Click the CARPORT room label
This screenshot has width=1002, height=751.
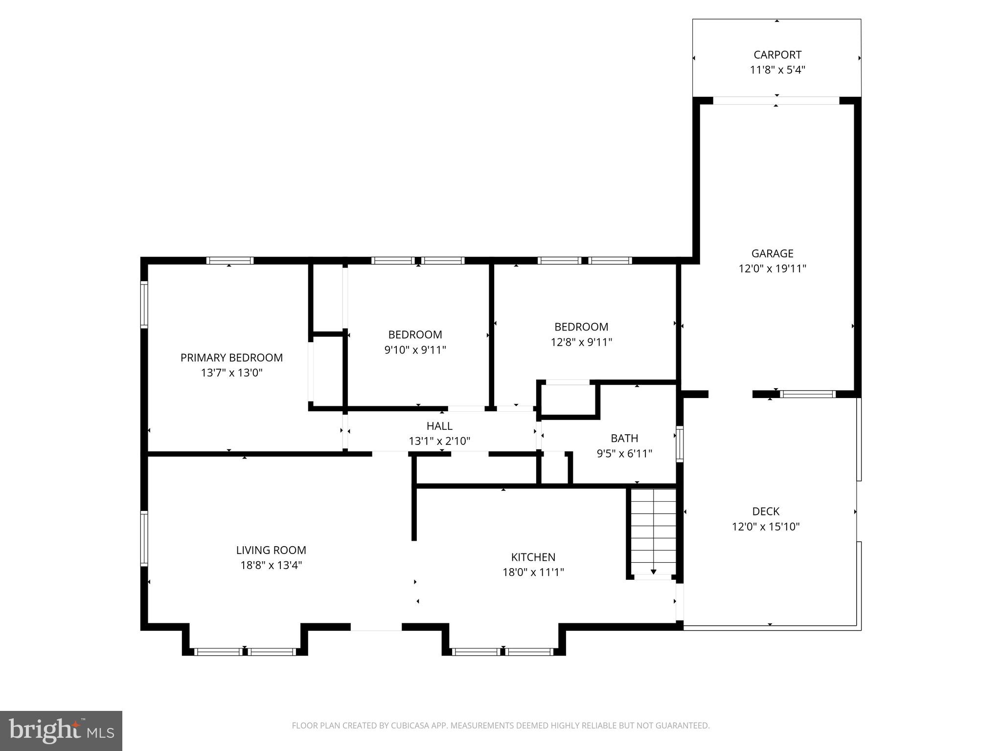pos(777,55)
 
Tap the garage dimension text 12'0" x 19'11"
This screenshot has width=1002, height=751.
pos(772,268)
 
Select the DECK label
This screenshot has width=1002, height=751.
pos(766,511)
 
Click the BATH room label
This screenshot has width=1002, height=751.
pos(624,438)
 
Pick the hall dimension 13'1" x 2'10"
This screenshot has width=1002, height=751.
pos(439,442)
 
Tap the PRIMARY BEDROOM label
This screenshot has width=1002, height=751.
pos(231,357)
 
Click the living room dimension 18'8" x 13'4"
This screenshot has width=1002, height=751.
pos(271,566)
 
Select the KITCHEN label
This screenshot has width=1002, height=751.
pos(533,557)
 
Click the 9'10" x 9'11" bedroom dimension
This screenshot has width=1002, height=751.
pos(415,350)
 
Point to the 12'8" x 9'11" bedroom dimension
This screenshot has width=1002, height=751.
pos(581,342)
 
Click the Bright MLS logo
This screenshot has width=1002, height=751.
pos(61,730)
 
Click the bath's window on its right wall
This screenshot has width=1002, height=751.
pos(680,444)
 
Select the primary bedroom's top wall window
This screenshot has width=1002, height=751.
pos(229,261)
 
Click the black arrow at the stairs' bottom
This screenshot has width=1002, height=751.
pos(653,572)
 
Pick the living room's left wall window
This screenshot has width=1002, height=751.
pos(144,538)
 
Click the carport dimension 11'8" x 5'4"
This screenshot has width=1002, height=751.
pos(777,70)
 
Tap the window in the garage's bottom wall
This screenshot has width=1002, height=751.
pos(807,394)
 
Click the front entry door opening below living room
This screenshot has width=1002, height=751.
pos(376,627)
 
